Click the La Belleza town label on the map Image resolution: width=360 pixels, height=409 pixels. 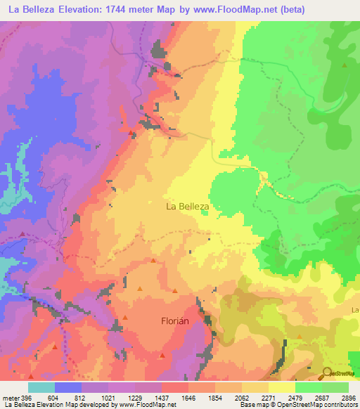[x=187, y=207]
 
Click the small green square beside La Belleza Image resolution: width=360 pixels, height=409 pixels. [x=204, y=215]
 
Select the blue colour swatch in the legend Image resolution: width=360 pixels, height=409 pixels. [x=68, y=387]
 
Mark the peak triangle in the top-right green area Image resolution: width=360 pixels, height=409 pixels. [x=345, y=64]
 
